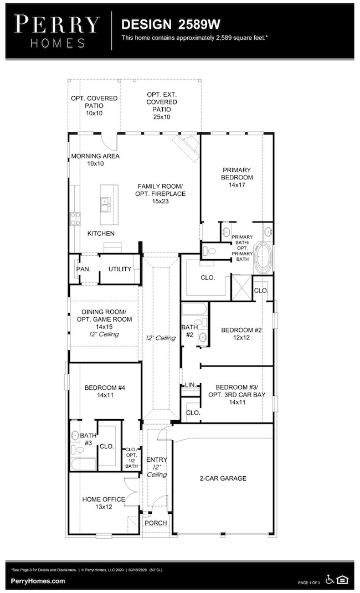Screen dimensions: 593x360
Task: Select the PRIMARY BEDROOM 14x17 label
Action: pos(238,177)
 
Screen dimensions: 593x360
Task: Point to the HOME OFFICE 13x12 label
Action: pos(104,503)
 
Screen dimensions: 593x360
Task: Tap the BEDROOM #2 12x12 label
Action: pos(241,334)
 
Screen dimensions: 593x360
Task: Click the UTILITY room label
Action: pos(120,269)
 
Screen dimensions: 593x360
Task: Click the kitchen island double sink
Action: pos(105,205)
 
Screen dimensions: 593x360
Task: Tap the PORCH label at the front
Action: pos(155,523)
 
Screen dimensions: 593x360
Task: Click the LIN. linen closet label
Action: pos(190,384)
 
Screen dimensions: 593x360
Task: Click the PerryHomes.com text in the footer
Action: pos(38,581)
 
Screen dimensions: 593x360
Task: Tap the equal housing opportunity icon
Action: pos(343,579)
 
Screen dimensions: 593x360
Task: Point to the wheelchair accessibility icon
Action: pos(330,579)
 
